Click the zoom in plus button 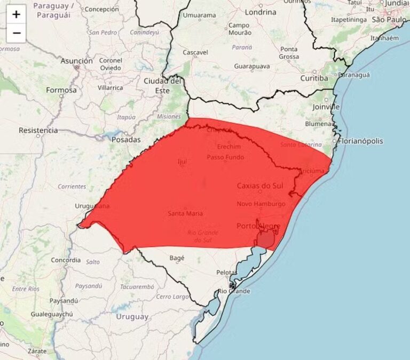(x=17, y=14)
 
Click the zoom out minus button (x=17, y=33)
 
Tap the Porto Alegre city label (x=258, y=226)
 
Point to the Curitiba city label (x=313, y=78)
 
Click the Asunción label (x=76, y=61)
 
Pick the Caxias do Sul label (x=261, y=186)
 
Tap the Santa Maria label (x=185, y=213)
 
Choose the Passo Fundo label (x=225, y=157)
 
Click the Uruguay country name (x=132, y=317)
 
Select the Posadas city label (x=126, y=140)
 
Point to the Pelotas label (x=226, y=273)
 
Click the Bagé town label (x=177, y=258)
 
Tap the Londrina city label (x=261, y=12)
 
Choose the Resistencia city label (x=38, y=130)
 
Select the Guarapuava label (x=251, y=67)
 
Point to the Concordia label (x=66, y=260)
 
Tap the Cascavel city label (x=195, y=53)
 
